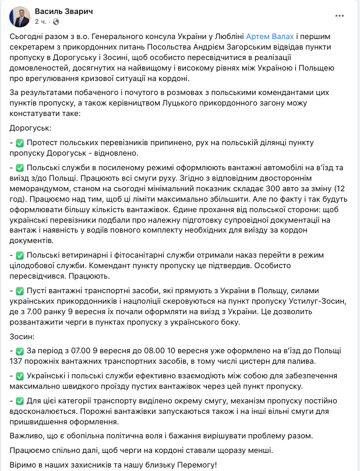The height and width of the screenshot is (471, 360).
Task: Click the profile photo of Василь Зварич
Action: (19, 16)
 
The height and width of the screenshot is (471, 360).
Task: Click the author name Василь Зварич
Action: (63, 12)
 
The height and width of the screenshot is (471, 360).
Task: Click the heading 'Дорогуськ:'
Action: (30, 127)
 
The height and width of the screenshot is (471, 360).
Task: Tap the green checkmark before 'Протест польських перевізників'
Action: (19, 143)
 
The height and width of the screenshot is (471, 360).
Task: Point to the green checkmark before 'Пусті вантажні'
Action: (19, 290)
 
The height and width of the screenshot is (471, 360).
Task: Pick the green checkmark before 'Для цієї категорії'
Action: (19, 402)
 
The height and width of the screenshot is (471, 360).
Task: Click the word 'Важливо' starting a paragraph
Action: (27, 435)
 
